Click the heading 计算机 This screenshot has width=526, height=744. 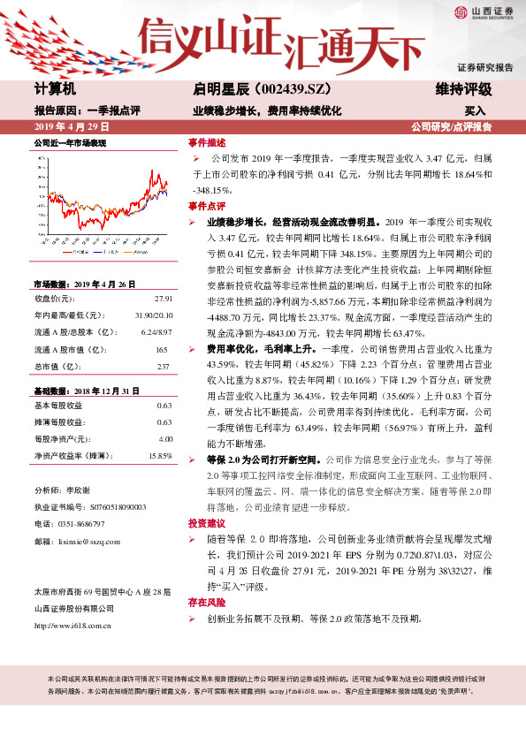point(56,89)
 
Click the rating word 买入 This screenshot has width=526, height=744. point(475,111)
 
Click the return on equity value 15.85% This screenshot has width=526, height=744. point(159,455)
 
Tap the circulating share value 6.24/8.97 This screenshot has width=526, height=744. point(156,331)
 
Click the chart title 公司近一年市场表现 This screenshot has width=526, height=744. point(70,142)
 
